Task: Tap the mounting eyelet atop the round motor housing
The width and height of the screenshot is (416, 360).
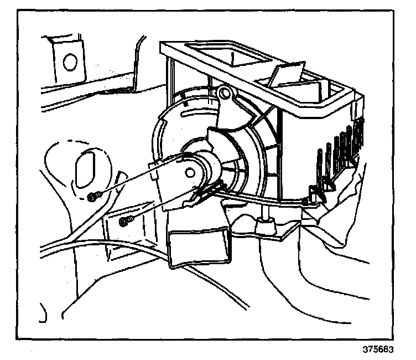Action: (x=224, y=95)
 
